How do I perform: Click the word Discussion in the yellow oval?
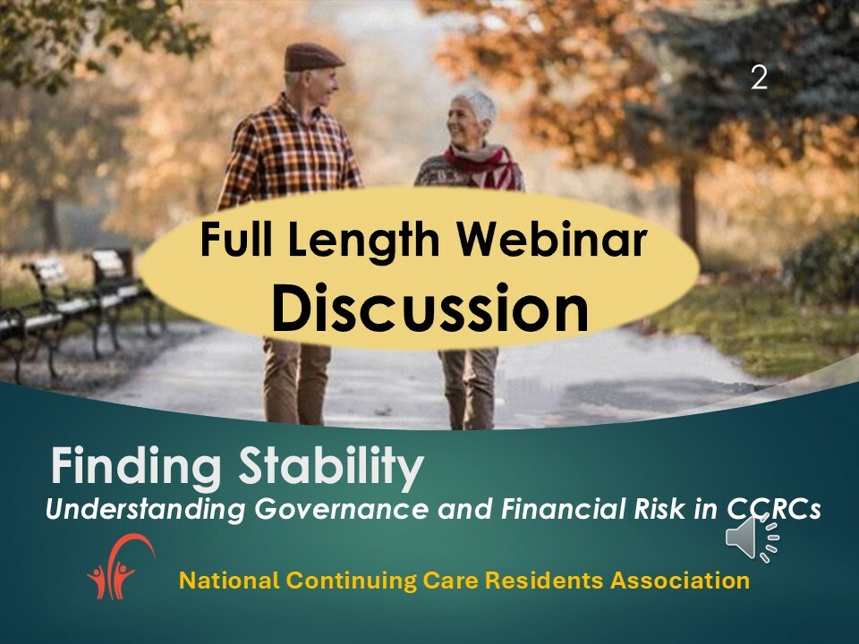click(430, 308)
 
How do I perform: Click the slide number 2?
click(759, 78)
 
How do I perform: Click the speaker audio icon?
click(753, 538)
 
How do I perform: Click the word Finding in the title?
click(136, 467)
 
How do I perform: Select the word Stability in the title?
click(331, 467)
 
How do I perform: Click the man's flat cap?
click(313, 57)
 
